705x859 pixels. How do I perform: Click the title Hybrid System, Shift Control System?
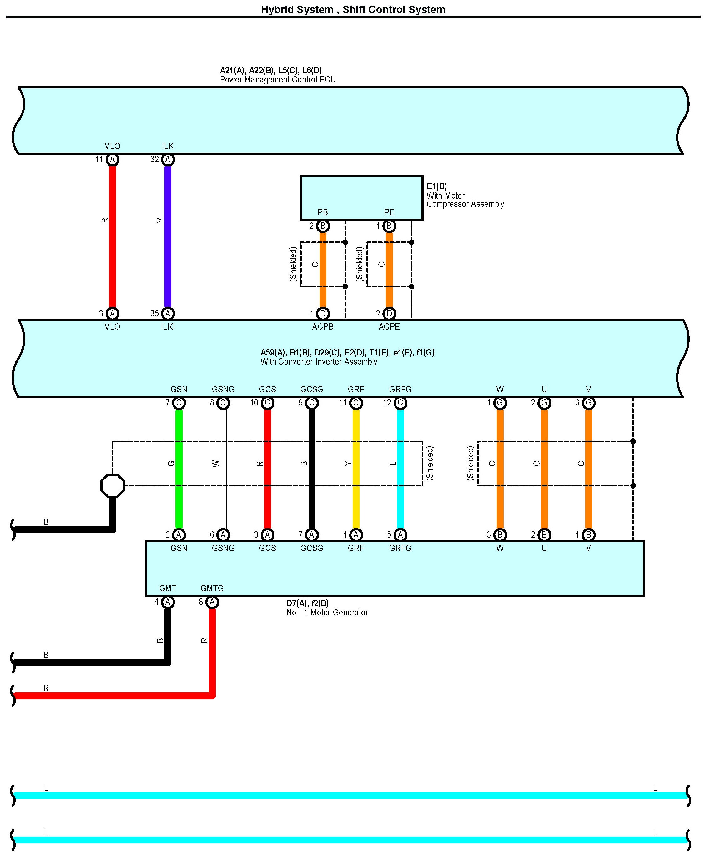pyautogui.click(x=353, y=9)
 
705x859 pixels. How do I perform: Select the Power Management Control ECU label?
pyautogui.click(x=278, y=80)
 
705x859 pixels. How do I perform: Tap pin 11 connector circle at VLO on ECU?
pyautogui.click(x=113, y=160)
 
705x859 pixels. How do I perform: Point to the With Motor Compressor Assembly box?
pyautogui.click(x=361, y=198)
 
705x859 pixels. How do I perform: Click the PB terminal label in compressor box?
pyautogui.click(x=323, y=212)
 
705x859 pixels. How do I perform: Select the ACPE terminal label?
pyautogui.click(x=389, y=327)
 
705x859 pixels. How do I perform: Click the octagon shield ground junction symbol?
pyautogui.click(x=113, y=485)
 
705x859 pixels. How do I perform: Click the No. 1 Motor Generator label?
pyautogui.click(x=327, y=613)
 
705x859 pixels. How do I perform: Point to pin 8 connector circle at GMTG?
pyautogui.click(x=212, y=603)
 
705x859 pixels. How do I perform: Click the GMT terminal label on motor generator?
pyautogui.click(x=168, y=588)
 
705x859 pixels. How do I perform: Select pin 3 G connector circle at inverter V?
pyautogui.click(x=588, y=403)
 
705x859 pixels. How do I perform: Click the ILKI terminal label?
pyautogui.click(x=168, y=327)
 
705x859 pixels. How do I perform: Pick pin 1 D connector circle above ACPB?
pyautogui.click(x=323, y=314)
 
